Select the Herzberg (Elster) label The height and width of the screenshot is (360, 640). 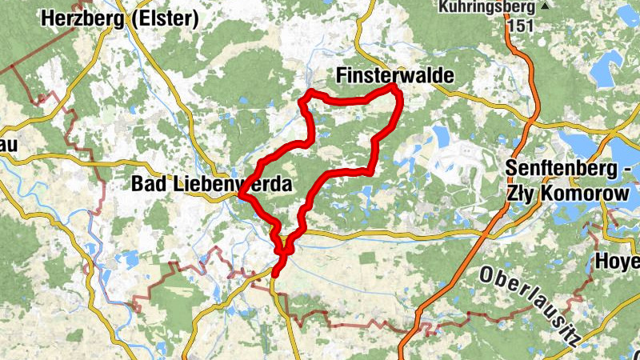click(x=120, y=17)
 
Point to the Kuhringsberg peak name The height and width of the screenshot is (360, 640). click(x=486, y=7)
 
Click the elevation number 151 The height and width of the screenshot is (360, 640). click(x=518, y=24)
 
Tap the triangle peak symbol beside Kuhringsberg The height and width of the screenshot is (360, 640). click(x=546, y=6)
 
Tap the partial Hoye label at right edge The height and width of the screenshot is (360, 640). click(x=618, y=262)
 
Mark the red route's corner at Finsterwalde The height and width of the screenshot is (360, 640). click(x=395, y=88)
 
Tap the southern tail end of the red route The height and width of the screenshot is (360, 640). click(x=274, y=275)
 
